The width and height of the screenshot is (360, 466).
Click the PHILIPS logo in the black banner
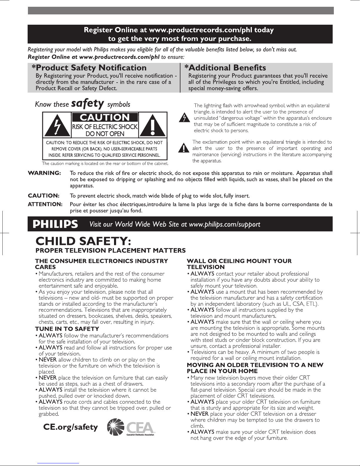coord(56,224)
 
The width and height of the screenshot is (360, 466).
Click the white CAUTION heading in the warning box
coord(105,117)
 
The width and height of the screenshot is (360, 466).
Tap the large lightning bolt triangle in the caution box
coord(57,125)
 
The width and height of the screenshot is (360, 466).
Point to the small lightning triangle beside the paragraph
coord(184,118)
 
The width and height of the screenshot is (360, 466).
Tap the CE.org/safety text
coord(70,427)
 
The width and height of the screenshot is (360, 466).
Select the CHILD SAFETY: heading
coord(83,242)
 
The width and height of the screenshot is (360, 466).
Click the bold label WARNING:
coord(44,173)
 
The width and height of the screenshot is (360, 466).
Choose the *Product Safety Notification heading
coord(89,68)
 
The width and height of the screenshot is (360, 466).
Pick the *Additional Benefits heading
coord(225,68)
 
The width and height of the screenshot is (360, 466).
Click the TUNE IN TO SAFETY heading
coord(67,329)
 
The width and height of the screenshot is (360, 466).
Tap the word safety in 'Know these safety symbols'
coord(88,103)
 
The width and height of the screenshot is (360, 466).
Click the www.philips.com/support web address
coord(225,225)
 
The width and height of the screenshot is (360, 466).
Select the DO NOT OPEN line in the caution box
coord(105,134)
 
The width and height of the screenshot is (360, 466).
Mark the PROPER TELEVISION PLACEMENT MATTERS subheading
coord(110,250)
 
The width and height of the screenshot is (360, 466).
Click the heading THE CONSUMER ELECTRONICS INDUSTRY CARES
coord(102,264)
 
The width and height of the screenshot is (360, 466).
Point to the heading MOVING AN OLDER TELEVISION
coord(255,368)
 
